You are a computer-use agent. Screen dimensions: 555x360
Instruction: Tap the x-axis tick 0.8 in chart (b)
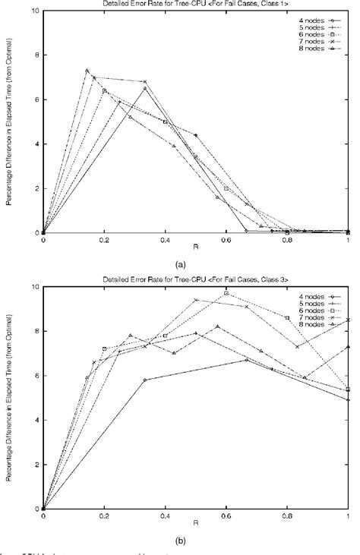tap(287, 517)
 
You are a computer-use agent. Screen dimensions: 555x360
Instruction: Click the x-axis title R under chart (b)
tap(196, 525)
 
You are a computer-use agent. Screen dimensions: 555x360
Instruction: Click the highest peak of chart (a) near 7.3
tap(87, 71)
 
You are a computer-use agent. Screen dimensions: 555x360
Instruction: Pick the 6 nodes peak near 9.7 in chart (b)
tap(226, 293)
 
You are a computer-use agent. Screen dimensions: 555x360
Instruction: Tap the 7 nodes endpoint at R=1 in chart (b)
tap(348, 320)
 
